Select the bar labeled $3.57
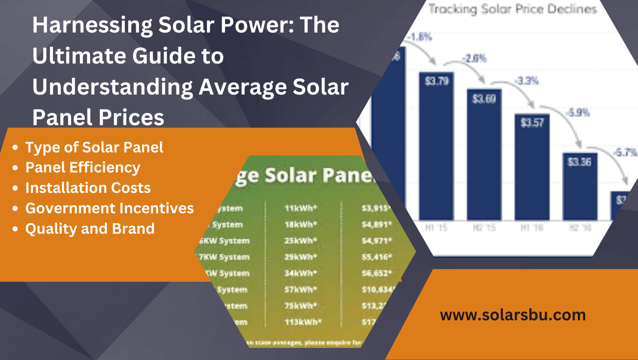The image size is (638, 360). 532,166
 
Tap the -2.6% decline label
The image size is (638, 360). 475,59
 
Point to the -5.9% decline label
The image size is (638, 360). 578,113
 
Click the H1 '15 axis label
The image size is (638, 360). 436,228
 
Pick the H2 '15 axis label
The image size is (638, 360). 484,228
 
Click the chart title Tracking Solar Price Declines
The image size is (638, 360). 512,9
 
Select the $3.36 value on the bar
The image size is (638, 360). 579,162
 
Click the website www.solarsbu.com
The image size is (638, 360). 513,315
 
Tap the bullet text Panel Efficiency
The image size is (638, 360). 83,168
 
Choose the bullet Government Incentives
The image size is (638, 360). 109,208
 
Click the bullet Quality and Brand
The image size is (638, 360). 90,229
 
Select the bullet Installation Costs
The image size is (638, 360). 88,188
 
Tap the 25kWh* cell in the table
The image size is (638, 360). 301,241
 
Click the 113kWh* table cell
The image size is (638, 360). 303,322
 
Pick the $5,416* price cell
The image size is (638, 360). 376,257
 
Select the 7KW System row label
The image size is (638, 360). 224,257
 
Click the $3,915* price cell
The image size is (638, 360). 376,208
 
